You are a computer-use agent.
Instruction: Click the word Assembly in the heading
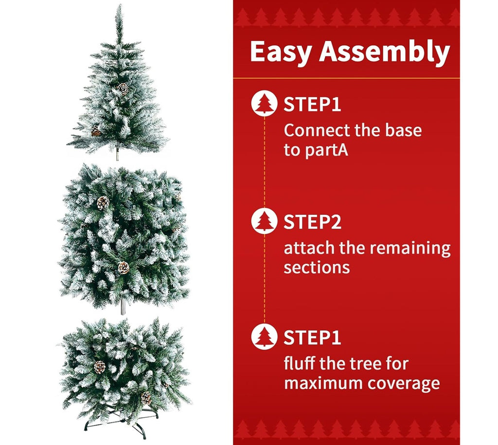coord(385,53)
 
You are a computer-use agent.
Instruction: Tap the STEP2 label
coord(312,222)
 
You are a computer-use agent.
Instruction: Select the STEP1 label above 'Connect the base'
coord(312,104)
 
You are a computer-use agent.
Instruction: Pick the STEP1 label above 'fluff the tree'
coord(312,338)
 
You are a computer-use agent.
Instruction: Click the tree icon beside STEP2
coord(264,221)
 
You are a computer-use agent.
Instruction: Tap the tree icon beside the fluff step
coord(264,337)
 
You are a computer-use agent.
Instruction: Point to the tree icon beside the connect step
coord(264,103)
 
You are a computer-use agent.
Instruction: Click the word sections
coord(317,268)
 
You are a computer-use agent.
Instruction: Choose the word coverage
coord(404,384)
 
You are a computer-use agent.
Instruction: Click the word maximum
coord(323,383)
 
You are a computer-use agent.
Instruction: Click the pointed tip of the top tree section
coord(120,5)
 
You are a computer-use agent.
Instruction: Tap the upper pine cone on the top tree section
coord(123,89)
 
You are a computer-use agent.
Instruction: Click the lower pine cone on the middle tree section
coord(124,268)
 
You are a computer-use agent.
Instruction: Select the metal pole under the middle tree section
coord(123,306)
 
